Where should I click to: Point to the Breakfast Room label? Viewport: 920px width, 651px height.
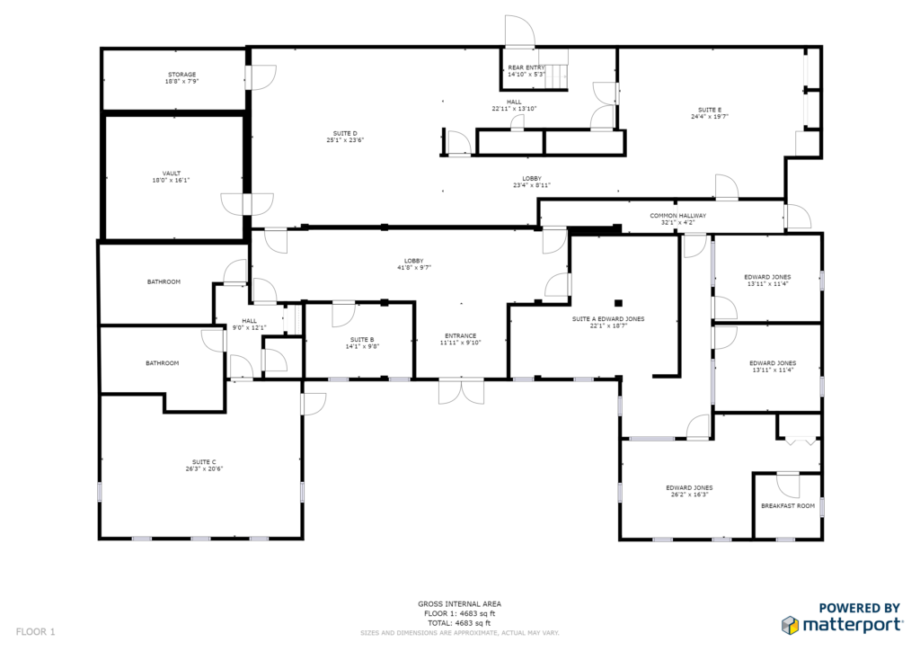click(787, 505)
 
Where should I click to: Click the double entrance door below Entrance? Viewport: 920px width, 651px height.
click(461, 391)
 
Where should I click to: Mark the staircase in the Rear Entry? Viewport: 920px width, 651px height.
click(557, 69)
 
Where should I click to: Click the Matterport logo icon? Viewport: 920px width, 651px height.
click(791, 625)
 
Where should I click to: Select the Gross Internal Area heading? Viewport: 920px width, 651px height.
click(459, 603)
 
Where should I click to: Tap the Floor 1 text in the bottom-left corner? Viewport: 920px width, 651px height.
click(35, 631)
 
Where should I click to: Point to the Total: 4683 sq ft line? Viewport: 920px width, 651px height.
click(459, 623)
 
